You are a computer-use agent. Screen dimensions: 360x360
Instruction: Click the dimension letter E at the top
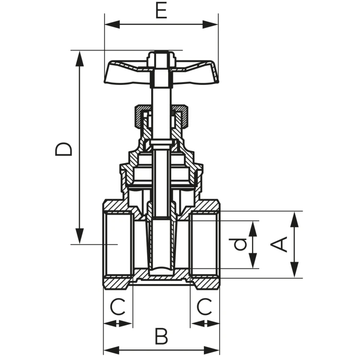161,11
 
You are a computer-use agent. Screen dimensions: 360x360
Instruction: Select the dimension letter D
63,149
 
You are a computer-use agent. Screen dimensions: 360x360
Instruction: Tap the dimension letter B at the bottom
161,336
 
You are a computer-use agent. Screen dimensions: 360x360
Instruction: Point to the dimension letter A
279,244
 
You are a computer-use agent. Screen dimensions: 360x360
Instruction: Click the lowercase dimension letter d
240,244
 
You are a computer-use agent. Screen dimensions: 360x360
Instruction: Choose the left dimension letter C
118,307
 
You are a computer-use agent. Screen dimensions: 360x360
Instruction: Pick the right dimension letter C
204,307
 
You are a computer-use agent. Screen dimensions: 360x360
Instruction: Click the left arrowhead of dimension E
112,24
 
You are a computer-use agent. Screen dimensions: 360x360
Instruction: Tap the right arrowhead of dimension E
210,24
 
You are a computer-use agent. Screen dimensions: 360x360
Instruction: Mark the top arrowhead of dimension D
79,58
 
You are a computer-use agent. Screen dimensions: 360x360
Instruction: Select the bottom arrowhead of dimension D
79,236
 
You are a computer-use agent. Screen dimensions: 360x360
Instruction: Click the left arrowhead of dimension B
111,350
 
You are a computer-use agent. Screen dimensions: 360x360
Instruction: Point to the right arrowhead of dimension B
212,350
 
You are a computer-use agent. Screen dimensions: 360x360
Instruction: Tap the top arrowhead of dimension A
294,219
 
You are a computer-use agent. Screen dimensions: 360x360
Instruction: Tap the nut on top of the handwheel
161,59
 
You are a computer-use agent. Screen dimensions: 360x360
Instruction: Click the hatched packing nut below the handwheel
161,116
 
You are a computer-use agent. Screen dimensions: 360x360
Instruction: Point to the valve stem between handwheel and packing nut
161,96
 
